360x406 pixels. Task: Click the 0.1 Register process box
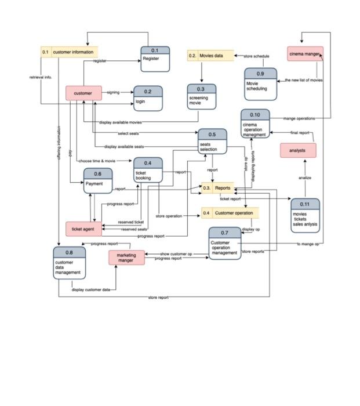pyautogui.click(x=155, y=59)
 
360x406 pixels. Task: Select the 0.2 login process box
pyautogui.click(x=148, y=99)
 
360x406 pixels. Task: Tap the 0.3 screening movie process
pyautogui.click(x=201, y=97)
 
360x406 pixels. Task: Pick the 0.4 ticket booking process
pyautogui.click(x=148, y=171)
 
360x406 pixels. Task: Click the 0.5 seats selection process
pyautogui.click(x=212, y=142)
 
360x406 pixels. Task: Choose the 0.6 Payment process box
pyautogui.click(x=97, y=181)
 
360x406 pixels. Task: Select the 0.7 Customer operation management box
pyautogui.click(x=225, y=244)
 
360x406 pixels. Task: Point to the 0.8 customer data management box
pyautogui.click(x=69, y=263)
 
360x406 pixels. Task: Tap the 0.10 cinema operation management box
pyautogui.click(x=256, y=124)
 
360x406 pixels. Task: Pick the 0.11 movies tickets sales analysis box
pyautogui.click(x=304, y=215)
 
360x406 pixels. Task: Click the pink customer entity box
pyautogui.click(x=83, y=93)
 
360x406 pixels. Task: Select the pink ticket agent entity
pyautogui.click(x=83, y=229)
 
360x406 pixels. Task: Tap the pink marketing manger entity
pyautogui.click(x=126, y=258)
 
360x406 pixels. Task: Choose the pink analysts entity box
pyautogui.click(x=297, y=151)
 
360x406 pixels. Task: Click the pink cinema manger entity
pyautogui.click(x=305, y=54)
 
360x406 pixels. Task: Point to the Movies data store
pyautogui.click(x=210, y=56)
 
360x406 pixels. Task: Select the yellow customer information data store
pyautogui.click(x=69, y=52)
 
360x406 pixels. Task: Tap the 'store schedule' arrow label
pyautogui.click(x=256, y=56)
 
